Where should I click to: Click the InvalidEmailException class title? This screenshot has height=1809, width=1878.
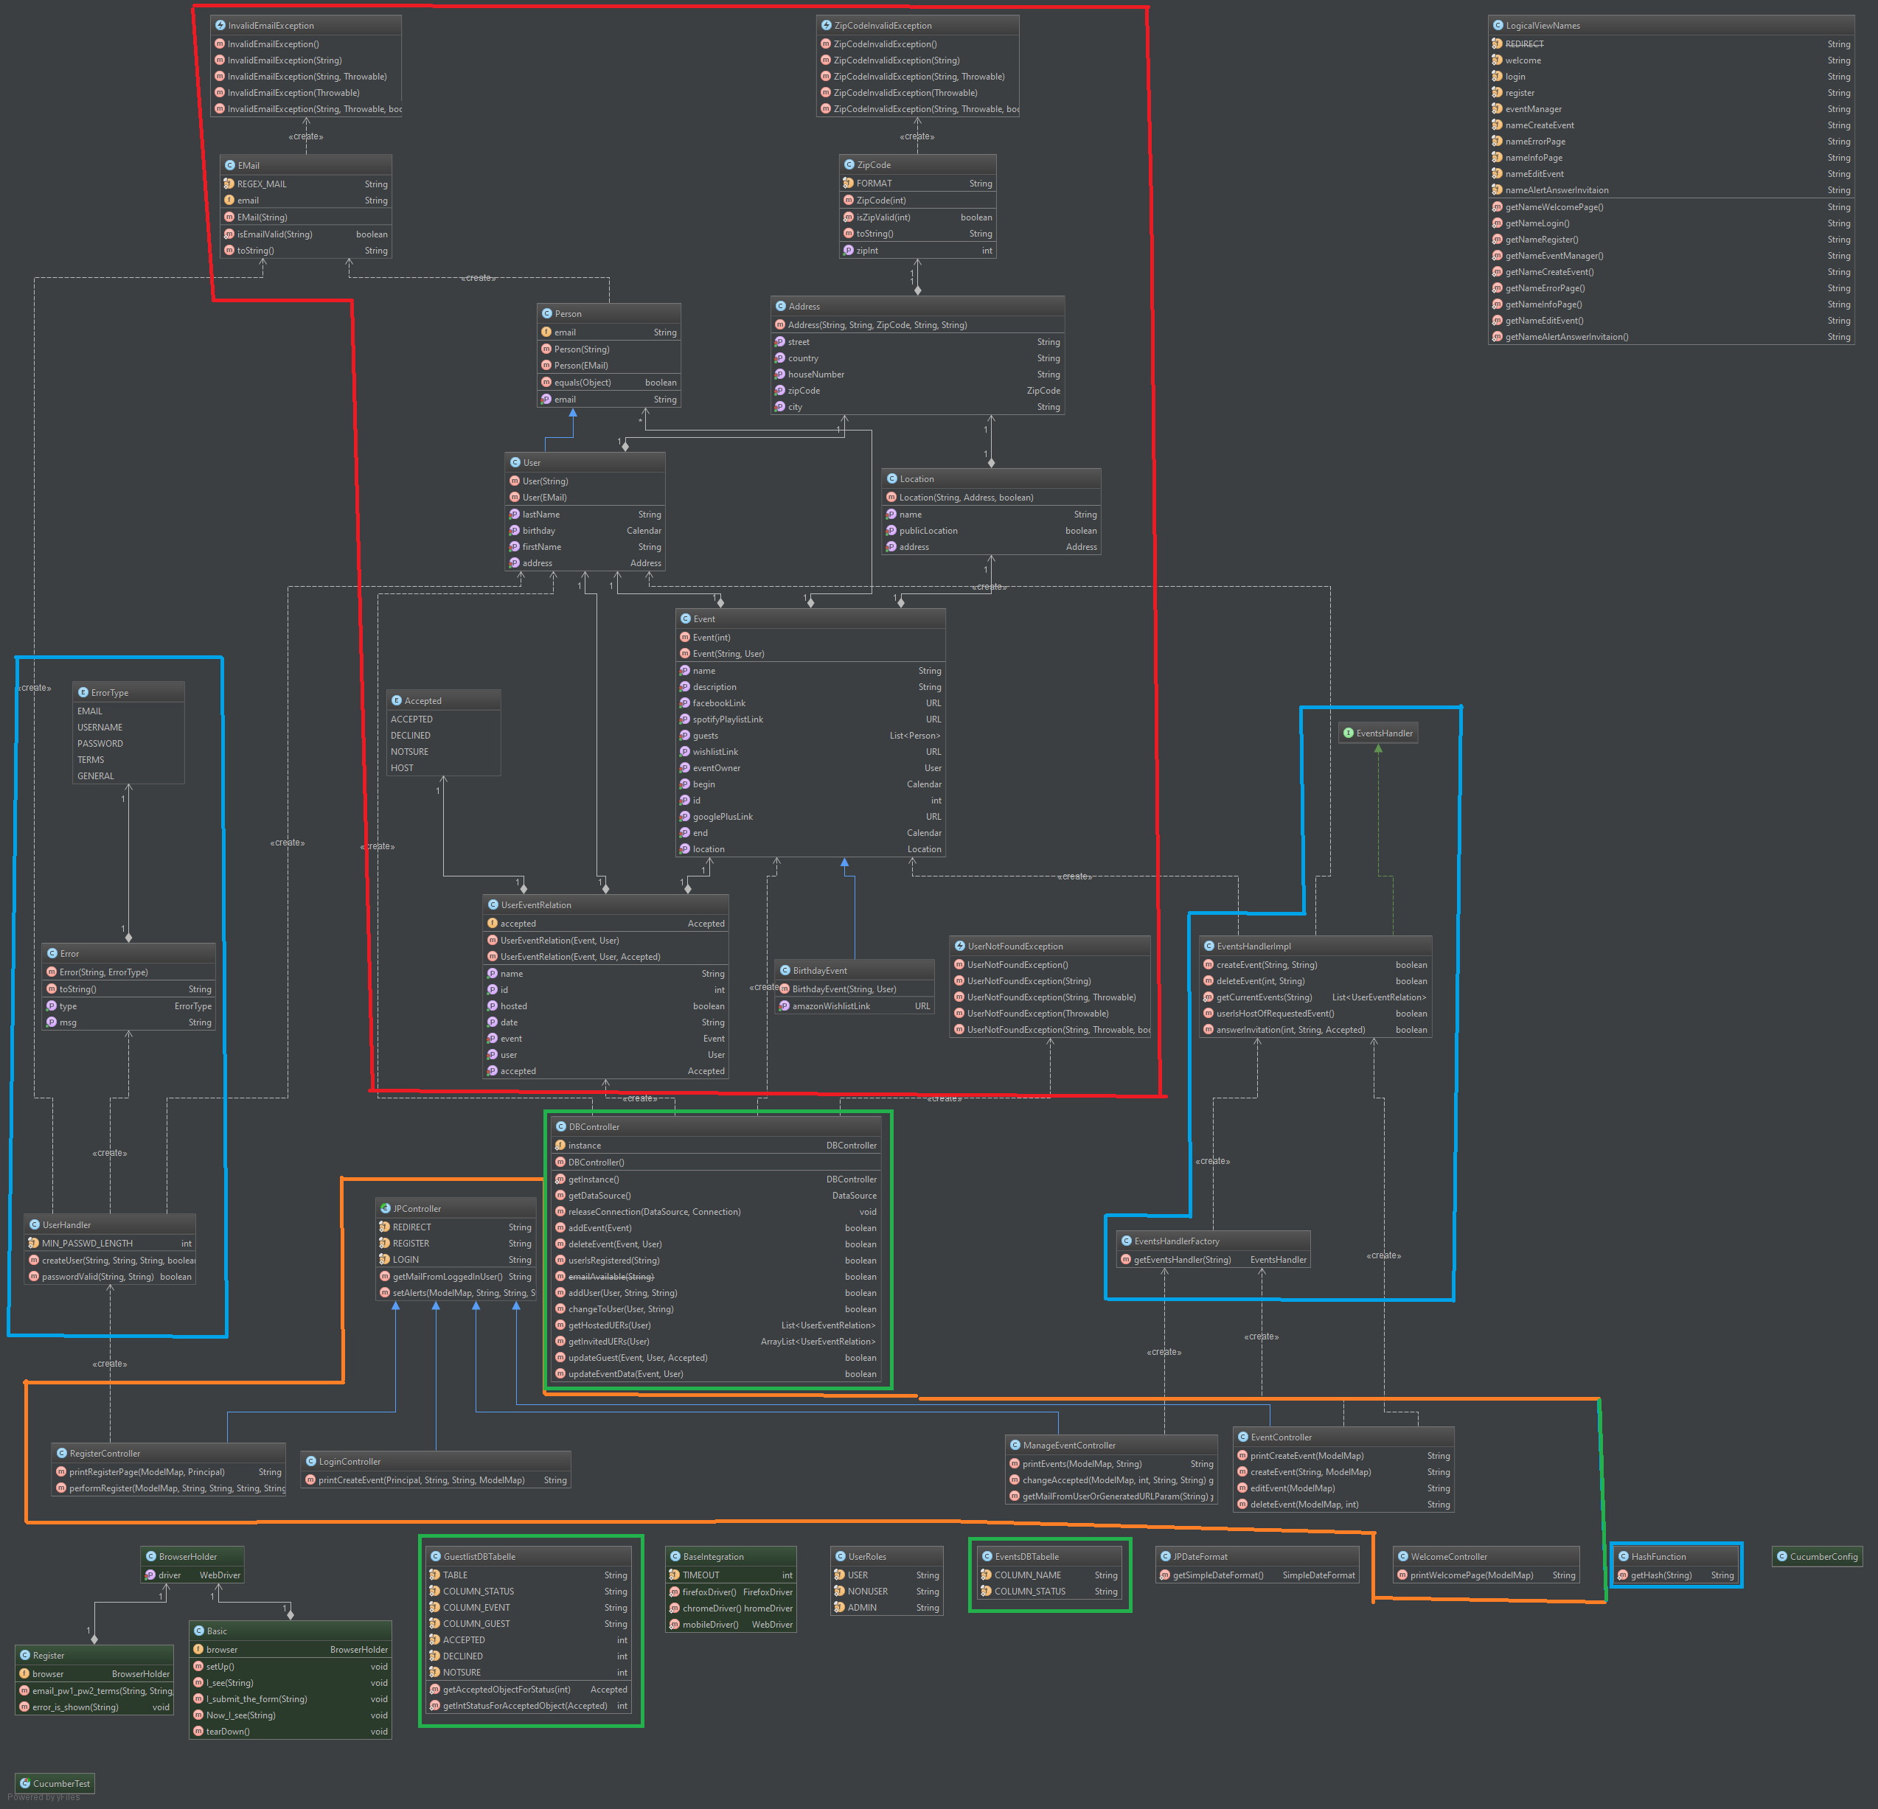271,26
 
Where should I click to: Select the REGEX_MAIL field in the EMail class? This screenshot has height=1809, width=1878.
262,184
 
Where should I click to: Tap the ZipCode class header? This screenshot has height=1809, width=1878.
874,165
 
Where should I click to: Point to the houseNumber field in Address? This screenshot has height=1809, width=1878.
816,374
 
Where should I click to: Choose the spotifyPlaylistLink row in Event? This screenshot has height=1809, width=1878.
728,719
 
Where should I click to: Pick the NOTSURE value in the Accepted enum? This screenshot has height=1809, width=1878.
409,752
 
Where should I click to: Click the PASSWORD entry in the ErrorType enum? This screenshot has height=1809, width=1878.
100,744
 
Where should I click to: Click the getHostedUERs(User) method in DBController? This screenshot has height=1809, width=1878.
608,1325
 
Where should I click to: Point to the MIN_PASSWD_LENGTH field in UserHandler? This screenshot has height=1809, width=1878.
87,1244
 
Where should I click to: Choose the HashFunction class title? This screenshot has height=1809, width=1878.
1658,1557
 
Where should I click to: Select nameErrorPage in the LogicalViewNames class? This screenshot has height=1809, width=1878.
1535,142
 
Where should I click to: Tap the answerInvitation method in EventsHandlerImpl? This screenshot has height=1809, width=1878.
1290,1030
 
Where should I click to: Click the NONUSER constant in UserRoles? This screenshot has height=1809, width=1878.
867,1592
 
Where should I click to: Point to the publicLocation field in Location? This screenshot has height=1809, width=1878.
928,531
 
